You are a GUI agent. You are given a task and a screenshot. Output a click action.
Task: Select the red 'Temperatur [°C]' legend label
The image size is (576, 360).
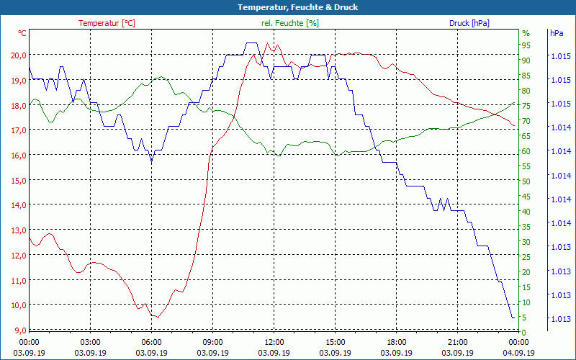pos(107,23)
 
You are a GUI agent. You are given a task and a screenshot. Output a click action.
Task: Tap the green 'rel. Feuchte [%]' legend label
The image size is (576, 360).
pos(290,23)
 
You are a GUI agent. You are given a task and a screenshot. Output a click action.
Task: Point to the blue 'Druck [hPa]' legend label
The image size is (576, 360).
pos(469,23)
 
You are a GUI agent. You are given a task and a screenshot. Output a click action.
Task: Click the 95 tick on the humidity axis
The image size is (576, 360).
pos(526,45)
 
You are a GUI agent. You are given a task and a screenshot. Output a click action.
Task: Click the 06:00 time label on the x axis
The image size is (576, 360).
pos(151,342)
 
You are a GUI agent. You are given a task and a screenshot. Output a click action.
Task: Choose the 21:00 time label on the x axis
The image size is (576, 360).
pos(457,342)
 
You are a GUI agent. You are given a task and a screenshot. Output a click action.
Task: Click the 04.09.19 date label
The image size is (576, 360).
pos(518,353)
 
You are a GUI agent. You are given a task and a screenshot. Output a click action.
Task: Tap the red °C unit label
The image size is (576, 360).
pos(22,33)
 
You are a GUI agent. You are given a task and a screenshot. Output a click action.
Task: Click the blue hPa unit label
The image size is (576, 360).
pos(557,33)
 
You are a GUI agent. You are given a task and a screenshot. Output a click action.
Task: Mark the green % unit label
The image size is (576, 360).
pos(526,33)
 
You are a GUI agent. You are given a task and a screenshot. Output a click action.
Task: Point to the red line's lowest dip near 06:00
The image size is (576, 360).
pos(154,316)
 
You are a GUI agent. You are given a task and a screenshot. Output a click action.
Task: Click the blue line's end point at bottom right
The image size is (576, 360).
pos(513,318)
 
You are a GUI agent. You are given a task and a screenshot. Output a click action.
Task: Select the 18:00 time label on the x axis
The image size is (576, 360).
pos(396,342)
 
